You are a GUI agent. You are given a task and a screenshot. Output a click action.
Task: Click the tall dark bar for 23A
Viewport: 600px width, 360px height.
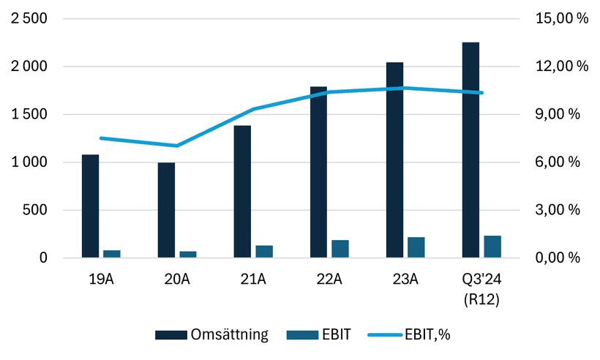pos(394,160)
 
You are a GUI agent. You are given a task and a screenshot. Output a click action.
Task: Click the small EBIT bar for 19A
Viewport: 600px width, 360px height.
pos(112,254)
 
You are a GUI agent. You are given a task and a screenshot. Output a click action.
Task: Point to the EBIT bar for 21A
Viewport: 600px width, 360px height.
pos(264,252)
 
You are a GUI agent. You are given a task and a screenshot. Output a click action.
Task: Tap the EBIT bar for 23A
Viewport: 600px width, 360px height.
pos(416,247)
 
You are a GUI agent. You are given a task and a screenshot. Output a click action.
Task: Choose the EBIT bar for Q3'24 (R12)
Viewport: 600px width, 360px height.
pos(492,247)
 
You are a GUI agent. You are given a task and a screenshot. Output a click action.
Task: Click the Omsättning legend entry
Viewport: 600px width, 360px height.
pos(212,335)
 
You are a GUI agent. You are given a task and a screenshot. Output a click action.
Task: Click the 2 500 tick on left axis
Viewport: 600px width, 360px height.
pos(29,19)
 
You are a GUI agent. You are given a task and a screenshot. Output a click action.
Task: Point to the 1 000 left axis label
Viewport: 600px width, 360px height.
pos(29,162)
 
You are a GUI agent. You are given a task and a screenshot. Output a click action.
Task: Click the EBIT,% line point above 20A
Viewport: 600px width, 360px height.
pos(177,146)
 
